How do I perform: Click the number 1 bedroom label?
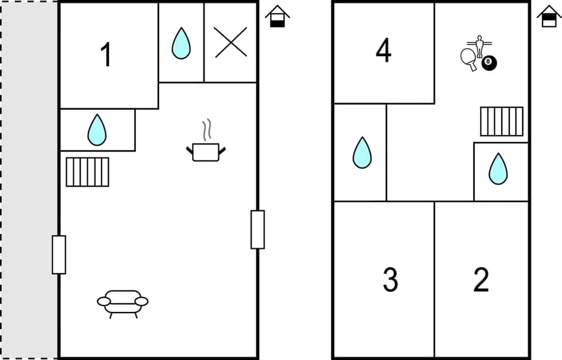coord(106,56)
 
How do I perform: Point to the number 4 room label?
coord(383,51)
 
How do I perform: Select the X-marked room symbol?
coord(230,43)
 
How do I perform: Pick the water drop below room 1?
coord(97,129)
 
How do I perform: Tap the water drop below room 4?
coord(362,153)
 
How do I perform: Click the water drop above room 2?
coord(498,169)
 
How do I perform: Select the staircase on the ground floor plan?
coord(87,172)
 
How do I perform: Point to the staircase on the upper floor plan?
coord(502,121)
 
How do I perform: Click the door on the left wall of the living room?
coord(59,255)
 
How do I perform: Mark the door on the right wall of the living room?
coord(258,229)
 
